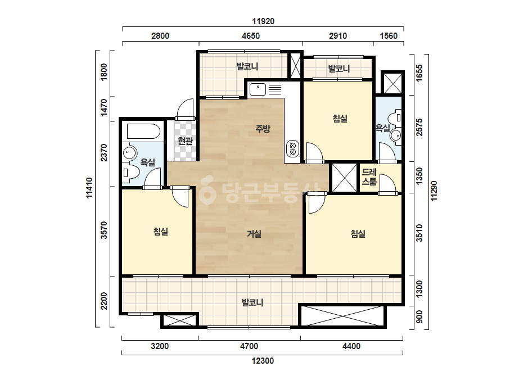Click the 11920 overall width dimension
263,21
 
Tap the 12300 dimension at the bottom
263,361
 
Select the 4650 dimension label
251,36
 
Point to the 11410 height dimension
89,188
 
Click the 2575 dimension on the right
419,127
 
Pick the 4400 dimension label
351,346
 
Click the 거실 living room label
254,234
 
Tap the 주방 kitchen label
263,128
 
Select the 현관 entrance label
185,141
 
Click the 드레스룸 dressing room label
369,177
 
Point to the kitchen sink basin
258,89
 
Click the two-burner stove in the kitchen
292,148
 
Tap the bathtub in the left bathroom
143,132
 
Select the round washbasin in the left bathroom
129,153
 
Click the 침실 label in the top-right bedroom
340,119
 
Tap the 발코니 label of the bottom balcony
252,302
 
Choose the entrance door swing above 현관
185,109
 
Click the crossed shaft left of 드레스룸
344,178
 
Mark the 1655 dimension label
419,73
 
